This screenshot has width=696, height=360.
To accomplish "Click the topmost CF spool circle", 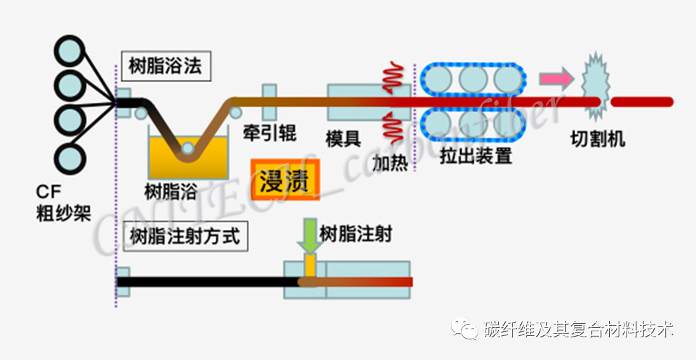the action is [x=69, y=51].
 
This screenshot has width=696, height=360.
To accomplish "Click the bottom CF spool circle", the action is [x=69, y=157].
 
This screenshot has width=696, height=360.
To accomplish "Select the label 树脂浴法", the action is [x=166, y=67].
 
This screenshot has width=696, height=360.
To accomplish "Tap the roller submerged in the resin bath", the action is [x=188, y=148].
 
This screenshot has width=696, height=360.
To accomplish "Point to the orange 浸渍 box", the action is [x=285, y=180].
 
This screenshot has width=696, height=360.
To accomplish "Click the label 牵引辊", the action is [x=269, y=133].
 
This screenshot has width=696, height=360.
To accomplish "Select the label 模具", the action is [x=343, y=140].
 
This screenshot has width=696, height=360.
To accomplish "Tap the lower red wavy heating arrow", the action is [x=393, y=128].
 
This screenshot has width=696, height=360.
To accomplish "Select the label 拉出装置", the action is [x=476, y=156].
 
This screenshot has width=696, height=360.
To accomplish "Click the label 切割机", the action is [x=598, y=140].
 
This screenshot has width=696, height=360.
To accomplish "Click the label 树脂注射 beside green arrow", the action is [x=356, y=234].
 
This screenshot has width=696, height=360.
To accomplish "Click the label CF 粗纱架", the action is [x=64, y=204].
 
